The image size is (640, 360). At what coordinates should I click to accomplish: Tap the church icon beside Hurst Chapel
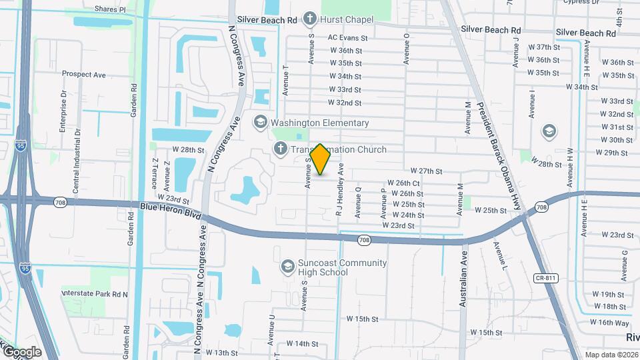point(310,19)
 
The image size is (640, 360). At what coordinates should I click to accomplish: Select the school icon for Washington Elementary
point(260,123)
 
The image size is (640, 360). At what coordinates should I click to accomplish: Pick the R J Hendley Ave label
point(340,191)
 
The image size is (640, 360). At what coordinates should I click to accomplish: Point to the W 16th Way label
point(614,322)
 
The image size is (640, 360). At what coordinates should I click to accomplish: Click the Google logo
point(22,352)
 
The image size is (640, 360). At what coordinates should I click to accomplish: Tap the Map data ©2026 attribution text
point(612,355)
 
